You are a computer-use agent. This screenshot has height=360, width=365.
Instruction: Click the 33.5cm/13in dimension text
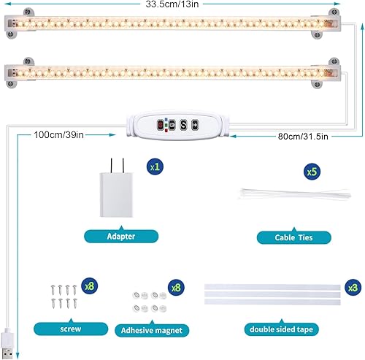[x=172, y=5]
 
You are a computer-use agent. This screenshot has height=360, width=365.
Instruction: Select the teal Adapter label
[x=120, y=237]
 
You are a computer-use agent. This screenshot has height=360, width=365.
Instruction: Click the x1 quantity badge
[x=155, y=166]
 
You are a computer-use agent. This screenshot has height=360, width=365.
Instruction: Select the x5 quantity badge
[x=312, y=172]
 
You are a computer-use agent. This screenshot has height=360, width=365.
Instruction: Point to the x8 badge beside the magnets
[x=174, y=287]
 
